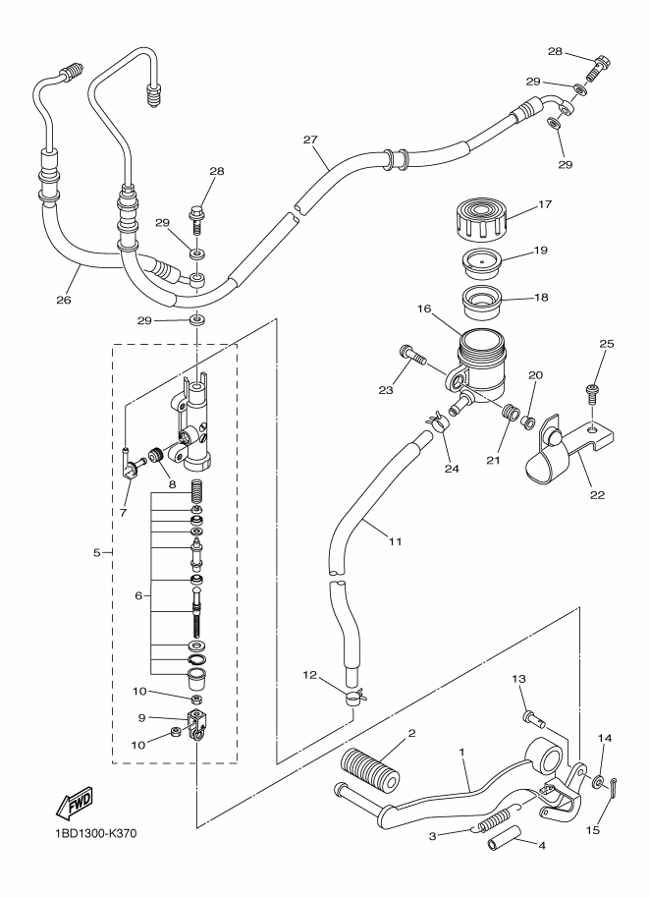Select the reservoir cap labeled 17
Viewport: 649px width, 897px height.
click(x=481, y=219)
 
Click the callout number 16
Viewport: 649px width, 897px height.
click(x=424, y=308)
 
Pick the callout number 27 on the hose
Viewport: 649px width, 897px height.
click(x=310, y=140)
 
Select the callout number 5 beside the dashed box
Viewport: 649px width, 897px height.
click(x=96, y=552)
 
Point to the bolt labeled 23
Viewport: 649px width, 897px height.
click(x=411, y=356)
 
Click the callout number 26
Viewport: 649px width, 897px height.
click(x=64, y=300)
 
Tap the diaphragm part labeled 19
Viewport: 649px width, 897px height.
click(x=481, y=263)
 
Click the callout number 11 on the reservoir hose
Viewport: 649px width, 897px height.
click(x=395, y=540)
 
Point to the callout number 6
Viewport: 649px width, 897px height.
click(x=138, y=595)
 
